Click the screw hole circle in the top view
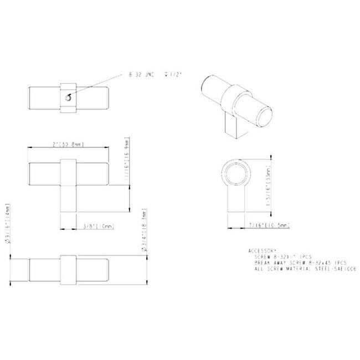68,97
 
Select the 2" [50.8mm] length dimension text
68,144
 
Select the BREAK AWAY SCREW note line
298,262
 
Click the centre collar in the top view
68,98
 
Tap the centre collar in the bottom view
68,269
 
